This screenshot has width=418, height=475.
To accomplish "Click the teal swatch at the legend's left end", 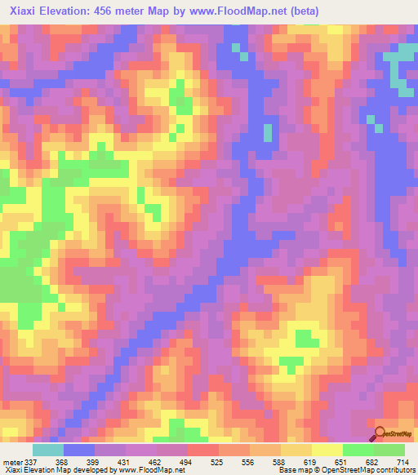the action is (48, 450).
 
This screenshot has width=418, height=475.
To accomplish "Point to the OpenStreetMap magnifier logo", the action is (380, 433).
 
